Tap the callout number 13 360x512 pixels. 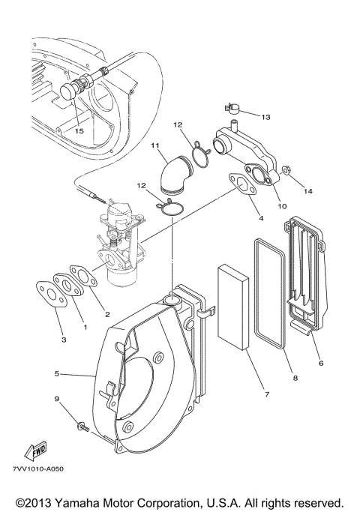(268, 117)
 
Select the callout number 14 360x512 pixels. (307, 191)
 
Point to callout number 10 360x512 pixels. (283, 206)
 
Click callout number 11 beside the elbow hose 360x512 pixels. (155, 144)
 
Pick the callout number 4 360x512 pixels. (260, 218)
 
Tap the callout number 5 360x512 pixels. (58, 373)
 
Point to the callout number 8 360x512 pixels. (295, 379)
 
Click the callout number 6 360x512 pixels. (321, 363)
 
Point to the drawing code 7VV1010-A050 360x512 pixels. (39, 469)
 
